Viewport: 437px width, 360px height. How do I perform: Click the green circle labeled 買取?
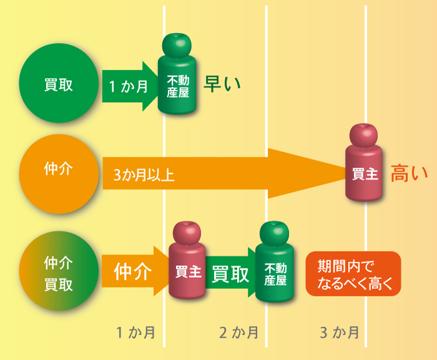pos(59,83)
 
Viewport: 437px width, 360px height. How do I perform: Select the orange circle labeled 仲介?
pos(59,174)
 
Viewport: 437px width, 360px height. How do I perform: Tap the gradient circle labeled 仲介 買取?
pos(59,271)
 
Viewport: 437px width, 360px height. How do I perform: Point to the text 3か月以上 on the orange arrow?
pos(144,175)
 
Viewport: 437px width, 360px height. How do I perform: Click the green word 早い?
pos(222,84)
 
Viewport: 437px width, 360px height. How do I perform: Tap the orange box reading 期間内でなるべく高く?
pos(353,274)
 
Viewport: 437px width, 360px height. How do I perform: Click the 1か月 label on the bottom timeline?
pos(135,333)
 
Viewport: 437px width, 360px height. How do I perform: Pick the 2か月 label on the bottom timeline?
pos(239,333)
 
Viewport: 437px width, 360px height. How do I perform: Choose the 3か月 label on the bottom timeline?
pos(340,333)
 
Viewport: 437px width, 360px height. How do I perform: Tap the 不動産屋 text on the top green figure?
pos(178,86)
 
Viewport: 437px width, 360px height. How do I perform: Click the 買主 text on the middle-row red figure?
pos(365,174)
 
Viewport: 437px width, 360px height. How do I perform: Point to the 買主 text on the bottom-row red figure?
pos(188,271)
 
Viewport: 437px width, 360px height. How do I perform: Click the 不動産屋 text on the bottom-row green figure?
pos(275,275)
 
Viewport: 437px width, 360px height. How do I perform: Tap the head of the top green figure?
pos(177,46)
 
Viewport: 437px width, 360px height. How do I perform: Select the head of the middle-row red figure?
pos(363,135)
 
